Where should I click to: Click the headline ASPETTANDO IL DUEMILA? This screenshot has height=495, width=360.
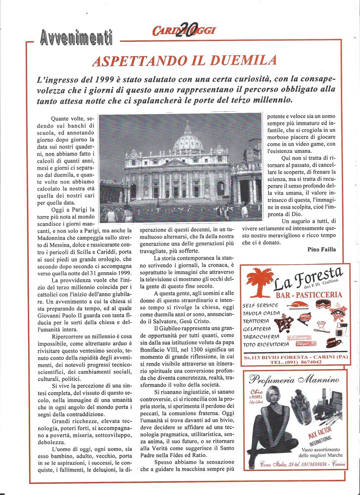click(x=184, y=61)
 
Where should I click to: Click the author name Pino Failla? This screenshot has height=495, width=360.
click(x=322, y=249)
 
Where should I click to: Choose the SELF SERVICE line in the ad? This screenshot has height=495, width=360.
click(x=260, y=305)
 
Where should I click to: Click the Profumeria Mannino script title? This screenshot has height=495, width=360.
click(x=294, y=379)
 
